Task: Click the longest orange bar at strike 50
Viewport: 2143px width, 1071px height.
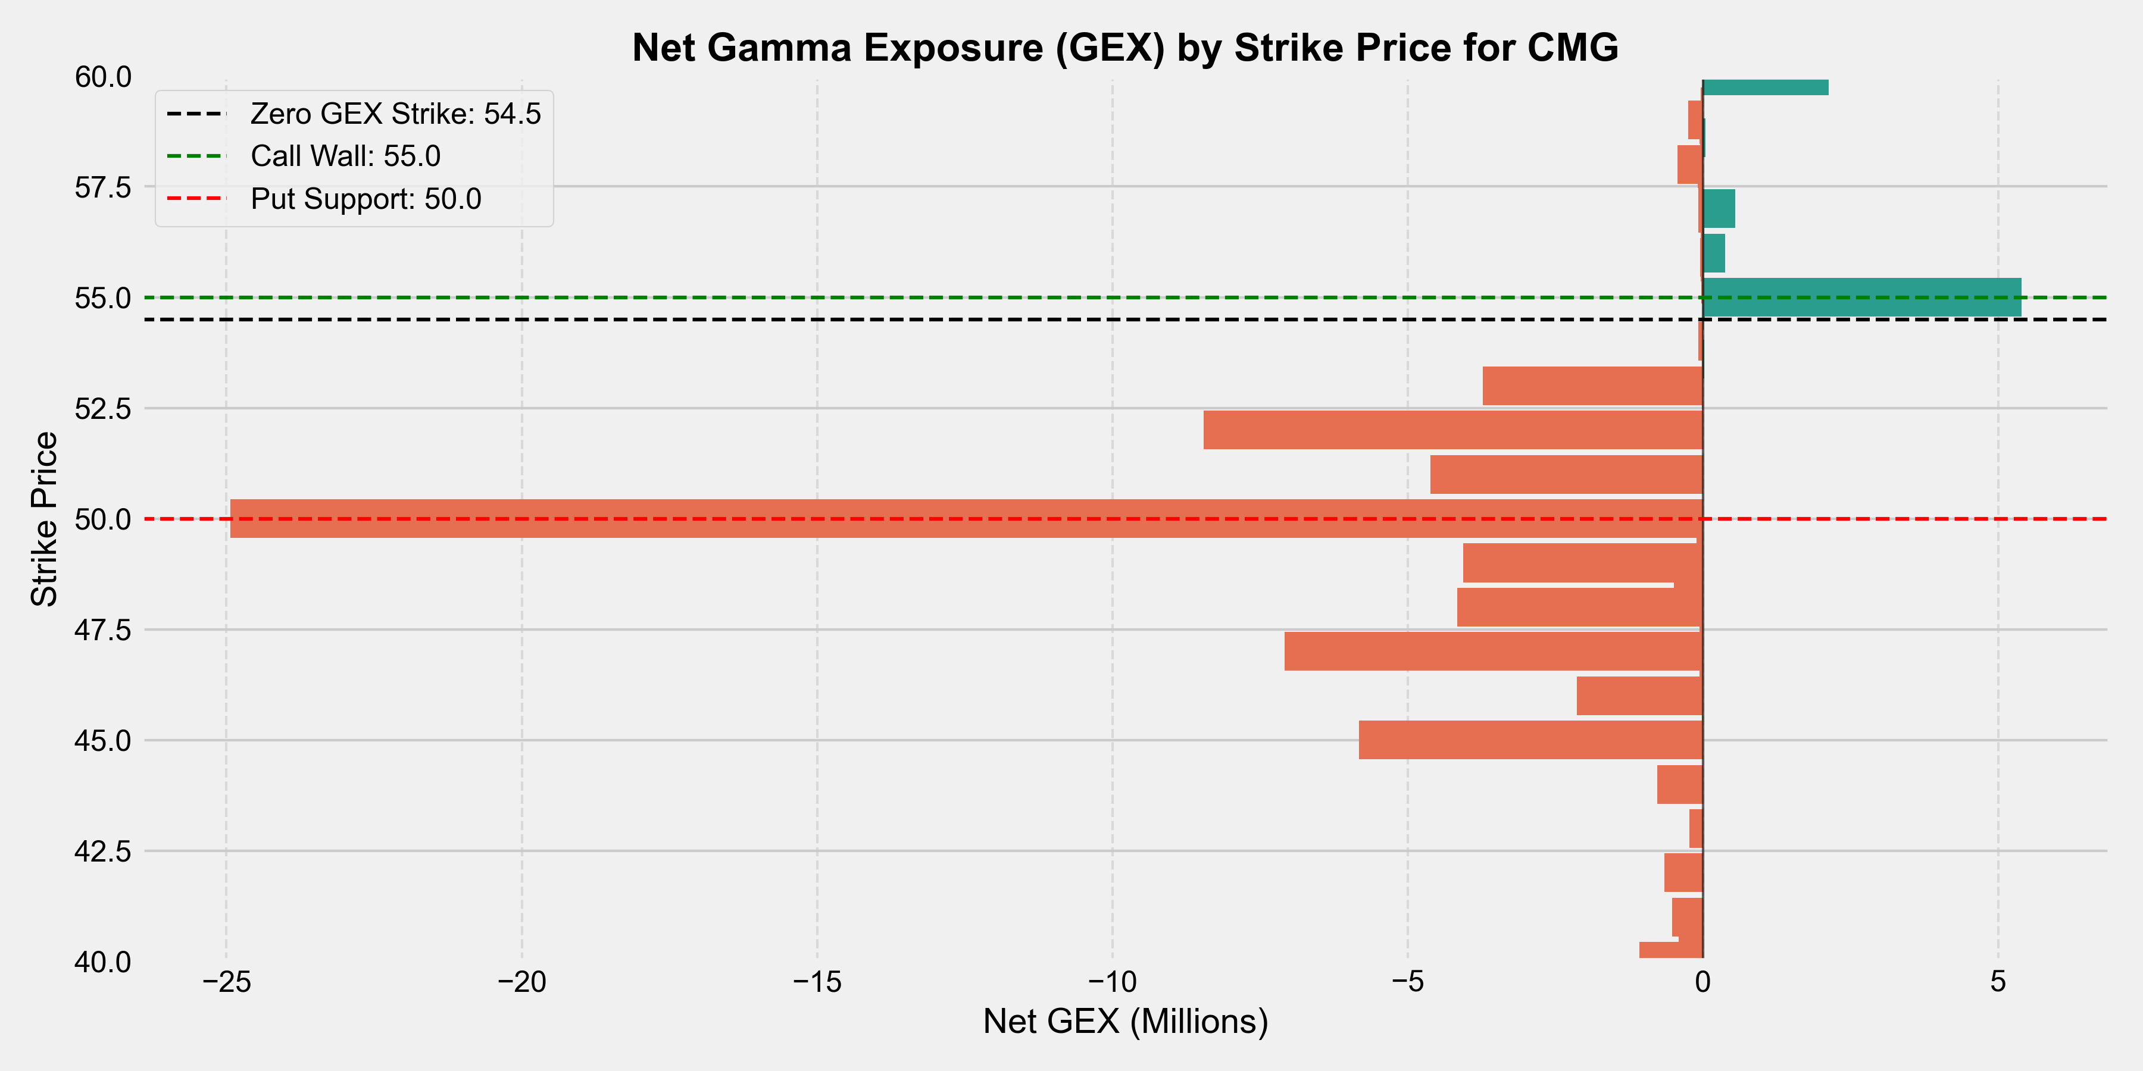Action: tap(965, 519)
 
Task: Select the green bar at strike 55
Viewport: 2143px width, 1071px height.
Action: tap(1862, 297)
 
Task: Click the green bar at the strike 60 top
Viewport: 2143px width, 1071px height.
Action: tap(1766, 87)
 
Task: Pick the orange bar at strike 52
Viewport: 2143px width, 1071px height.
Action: tap(1452, 430)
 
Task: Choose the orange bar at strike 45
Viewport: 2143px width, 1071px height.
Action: tap(1530, 740)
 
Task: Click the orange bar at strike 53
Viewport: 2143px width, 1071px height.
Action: tap(1592, 386)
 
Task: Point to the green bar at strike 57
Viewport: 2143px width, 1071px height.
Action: tap(1719, 209)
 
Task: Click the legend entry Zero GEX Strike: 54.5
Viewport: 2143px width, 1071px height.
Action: tap(395, 114)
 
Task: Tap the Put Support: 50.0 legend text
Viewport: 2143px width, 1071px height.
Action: tap(366, 199)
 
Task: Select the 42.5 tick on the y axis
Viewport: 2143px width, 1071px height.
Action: tap(103, 851)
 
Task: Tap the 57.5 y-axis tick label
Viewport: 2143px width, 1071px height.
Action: tap(103, 187)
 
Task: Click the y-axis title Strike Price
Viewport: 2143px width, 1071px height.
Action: tap(43, 519)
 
